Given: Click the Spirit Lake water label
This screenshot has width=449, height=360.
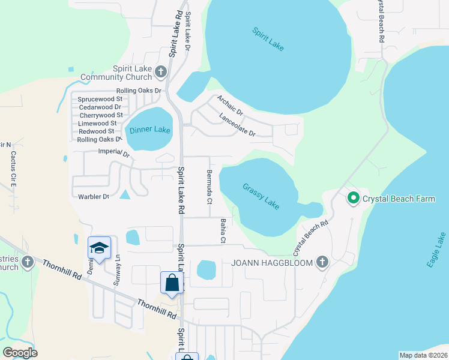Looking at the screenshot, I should [268, 39].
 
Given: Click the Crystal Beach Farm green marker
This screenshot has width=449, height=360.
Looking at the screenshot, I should [354, 198].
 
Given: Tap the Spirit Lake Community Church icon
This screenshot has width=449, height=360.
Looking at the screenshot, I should [160, 73].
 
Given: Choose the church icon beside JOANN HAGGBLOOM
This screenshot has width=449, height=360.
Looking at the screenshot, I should [322, 262].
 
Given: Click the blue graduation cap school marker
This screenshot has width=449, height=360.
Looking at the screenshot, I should [99, 247].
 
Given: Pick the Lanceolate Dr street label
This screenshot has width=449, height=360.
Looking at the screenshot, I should [238, 125].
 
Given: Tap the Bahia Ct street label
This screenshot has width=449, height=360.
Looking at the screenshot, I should [222, 231].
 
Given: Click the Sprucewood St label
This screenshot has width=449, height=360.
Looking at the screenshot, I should [100, 98].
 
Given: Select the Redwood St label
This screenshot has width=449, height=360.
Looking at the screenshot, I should [96, 131].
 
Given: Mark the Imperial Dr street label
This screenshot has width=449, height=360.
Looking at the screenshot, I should [113, 154].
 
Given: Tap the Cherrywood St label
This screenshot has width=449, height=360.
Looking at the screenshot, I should [101, 115].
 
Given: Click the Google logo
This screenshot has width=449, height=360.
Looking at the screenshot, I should [20, 353].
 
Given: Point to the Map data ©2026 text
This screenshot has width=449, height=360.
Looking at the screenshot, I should [423, 355].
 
